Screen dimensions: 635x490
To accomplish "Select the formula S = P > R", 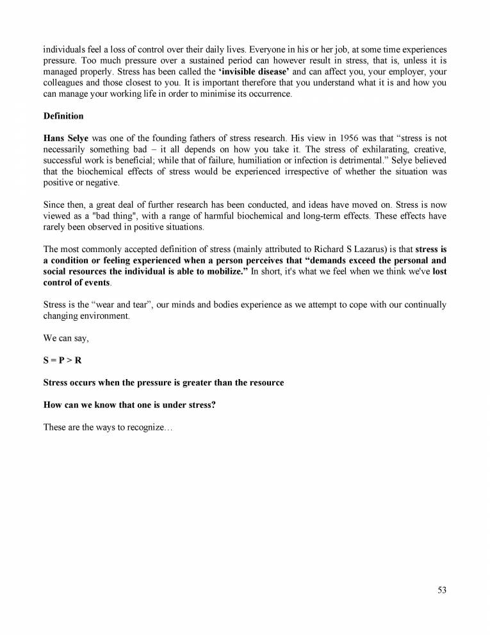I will (62, 360).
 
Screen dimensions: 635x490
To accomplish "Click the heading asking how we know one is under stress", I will (129, 405).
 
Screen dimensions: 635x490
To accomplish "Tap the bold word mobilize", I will (226, 271).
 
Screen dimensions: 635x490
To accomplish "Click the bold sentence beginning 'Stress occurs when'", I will (163, 383).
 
